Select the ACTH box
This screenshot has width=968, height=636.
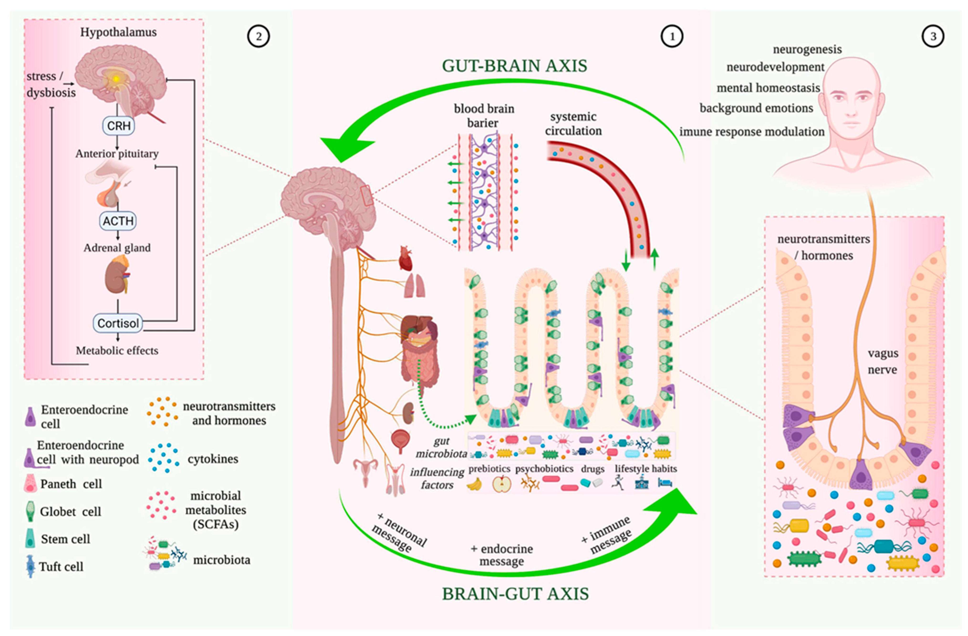(118, 221)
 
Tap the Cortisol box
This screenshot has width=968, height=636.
(118, 323)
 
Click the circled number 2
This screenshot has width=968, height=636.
(258, 36)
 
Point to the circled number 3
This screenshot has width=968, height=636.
(933, 36)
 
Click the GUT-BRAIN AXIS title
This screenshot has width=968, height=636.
(515, 66)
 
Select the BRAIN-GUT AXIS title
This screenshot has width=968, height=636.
(515, 594)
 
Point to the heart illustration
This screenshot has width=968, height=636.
(406, 258)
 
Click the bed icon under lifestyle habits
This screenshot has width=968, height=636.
(665, 483)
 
